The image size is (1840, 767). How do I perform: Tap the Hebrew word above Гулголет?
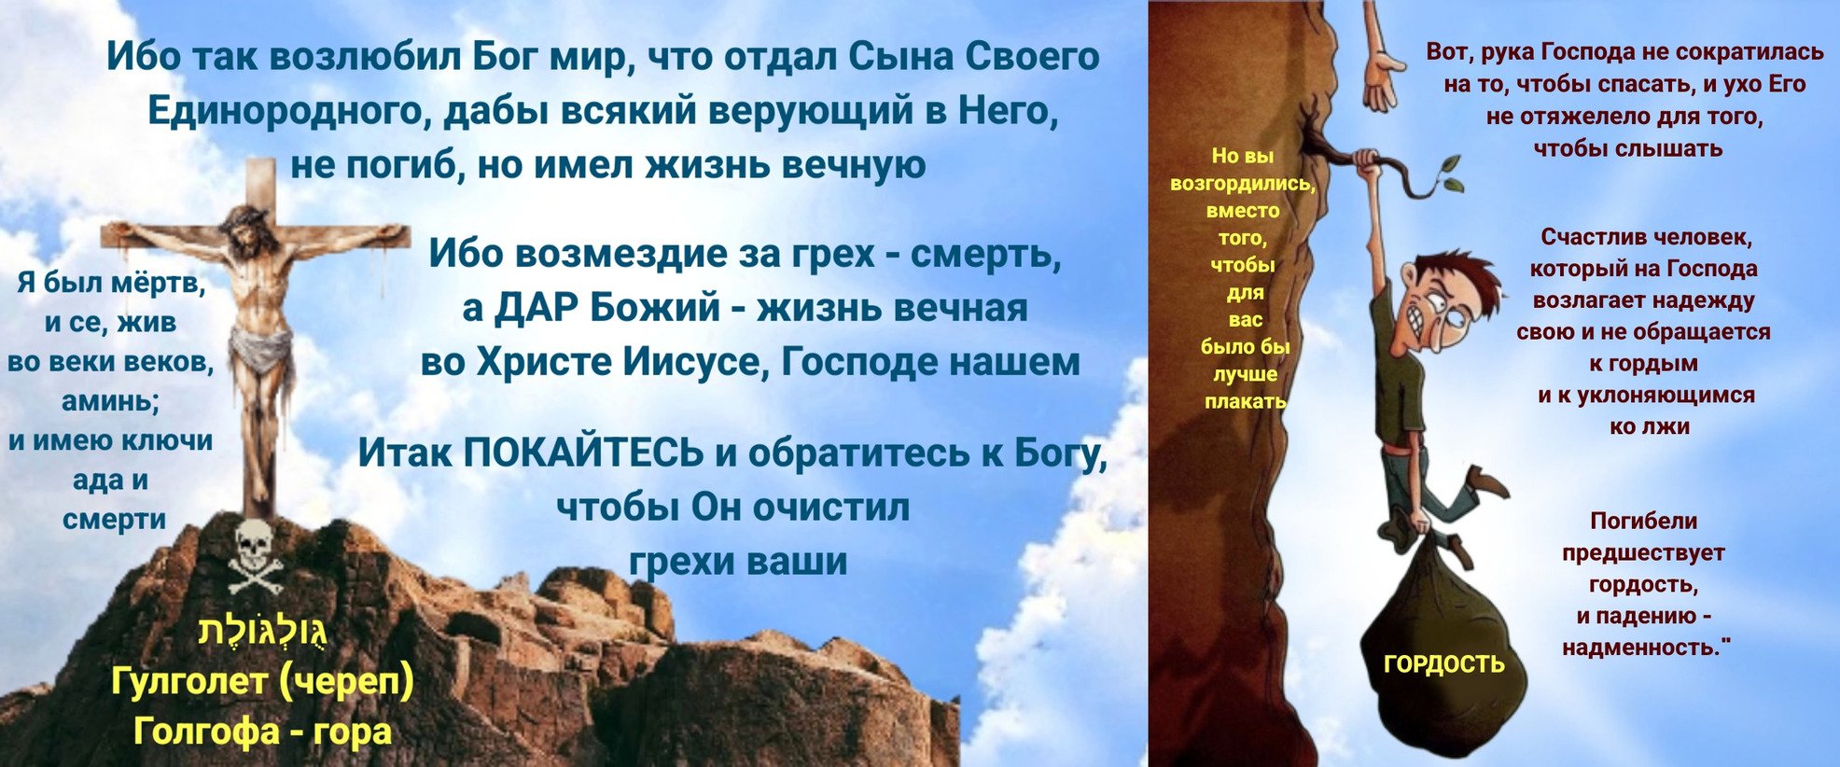point(262,631)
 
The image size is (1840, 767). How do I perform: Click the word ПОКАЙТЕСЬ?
point(582,453)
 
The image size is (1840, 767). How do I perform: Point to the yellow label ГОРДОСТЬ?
point(1443,663)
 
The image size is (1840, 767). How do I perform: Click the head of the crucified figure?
point(248,226)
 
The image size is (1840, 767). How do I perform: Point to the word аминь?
point(108,401)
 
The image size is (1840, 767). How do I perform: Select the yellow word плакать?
point(1245,402)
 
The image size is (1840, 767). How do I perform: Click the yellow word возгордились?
point(1243,184)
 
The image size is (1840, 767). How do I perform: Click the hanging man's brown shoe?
point(1489,481)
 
